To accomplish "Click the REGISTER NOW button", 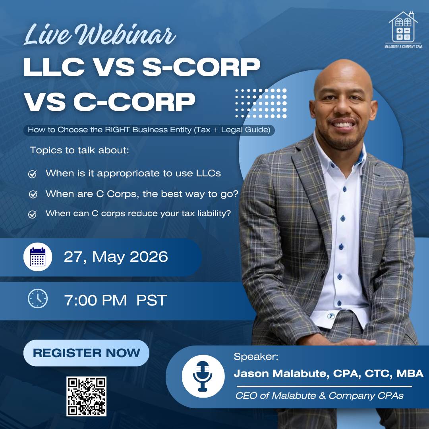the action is (86, 353).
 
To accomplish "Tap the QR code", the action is (86, 396).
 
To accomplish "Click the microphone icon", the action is (203, 376).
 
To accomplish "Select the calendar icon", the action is (38, 257).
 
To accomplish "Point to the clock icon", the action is (38, 298).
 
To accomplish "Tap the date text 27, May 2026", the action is (116, 257).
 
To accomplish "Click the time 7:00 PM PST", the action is (116, 300).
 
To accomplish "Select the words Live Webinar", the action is (100, 35).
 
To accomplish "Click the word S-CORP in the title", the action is (201, 67).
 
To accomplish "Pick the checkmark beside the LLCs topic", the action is (33, 174).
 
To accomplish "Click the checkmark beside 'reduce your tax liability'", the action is (33, 214).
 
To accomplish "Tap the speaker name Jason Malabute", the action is (281, 374).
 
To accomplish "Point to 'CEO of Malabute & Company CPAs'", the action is (319, 396).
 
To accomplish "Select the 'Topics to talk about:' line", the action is (79, 150).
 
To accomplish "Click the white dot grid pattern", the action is (261, 103).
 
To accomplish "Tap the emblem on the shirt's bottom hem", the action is (331, 316).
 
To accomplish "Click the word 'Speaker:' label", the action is (256, 357).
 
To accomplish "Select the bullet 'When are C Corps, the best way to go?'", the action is (142, 194).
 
